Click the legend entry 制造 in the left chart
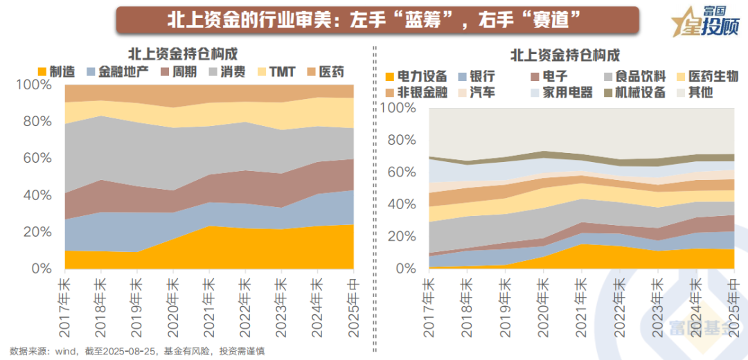tap(56, 71)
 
